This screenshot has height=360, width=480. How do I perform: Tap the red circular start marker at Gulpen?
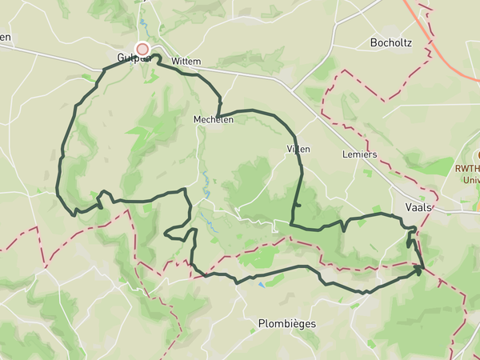142,49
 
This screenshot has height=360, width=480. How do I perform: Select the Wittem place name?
186,61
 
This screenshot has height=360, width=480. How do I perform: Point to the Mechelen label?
213,119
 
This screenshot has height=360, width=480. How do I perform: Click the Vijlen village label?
298,149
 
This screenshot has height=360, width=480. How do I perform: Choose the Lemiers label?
358,153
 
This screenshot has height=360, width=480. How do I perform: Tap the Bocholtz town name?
391,42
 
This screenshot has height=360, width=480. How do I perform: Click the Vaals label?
418,206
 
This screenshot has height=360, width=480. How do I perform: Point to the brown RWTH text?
466,168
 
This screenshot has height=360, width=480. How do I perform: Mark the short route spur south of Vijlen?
296,206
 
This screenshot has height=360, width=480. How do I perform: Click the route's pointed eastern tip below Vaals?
421,271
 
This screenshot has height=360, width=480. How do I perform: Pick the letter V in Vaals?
409,206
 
